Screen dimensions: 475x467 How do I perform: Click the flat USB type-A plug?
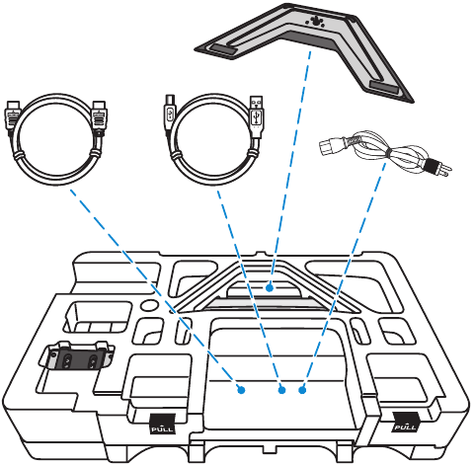257,116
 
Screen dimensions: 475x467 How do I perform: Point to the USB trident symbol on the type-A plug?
257,117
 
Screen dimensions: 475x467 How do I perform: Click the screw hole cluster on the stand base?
315,22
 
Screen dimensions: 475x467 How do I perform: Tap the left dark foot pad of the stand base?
223,49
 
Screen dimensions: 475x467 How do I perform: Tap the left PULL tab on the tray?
162,424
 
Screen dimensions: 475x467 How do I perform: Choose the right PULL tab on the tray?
406,422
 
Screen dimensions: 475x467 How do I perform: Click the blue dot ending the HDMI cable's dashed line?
241,390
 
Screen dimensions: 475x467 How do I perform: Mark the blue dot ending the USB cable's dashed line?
281,390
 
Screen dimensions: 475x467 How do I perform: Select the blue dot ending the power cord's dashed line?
302,390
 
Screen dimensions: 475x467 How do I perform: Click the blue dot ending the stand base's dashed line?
270,287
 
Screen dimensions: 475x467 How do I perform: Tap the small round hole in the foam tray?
148,305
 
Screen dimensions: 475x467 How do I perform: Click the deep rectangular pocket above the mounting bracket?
98,317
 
